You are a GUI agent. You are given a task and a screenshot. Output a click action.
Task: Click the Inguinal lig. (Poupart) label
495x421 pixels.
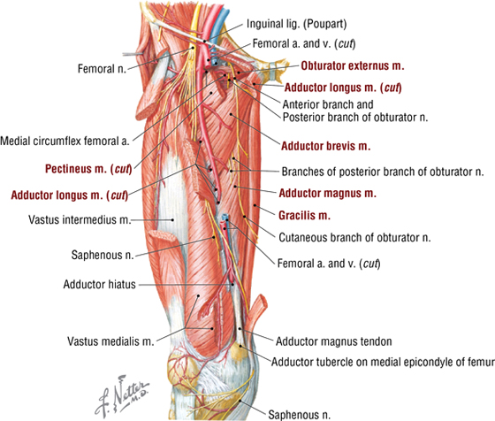pos(296,24)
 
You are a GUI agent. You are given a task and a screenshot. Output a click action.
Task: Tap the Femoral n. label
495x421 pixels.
pos(102,68)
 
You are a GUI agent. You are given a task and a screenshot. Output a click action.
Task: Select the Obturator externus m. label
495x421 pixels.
pos(353,65)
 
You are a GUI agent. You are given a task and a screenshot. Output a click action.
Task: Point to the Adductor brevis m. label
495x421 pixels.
pos(325,146)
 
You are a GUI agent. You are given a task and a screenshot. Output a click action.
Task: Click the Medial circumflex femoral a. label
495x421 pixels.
pos(65,141)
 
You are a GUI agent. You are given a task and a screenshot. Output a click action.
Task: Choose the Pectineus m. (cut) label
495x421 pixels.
pos(88,169)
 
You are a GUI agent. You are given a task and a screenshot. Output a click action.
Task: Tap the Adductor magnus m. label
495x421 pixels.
pos(327,193)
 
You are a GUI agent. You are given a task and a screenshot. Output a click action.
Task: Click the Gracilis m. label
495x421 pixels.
pos(304,216)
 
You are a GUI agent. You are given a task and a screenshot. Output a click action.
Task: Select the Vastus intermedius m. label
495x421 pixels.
pos(80,219)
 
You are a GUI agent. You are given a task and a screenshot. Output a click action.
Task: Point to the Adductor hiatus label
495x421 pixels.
pos(99,284)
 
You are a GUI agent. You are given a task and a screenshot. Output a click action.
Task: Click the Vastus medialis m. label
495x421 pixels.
pos(110,341)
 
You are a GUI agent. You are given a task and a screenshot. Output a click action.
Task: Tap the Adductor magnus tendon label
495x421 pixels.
pos(334,341)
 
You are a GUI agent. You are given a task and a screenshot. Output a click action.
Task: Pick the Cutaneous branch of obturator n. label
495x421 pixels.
pos(354,238)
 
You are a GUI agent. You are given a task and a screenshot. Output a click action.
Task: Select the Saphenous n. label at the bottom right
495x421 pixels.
pos(299,415)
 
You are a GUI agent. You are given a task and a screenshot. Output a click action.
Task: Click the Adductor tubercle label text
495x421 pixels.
pos(383,362)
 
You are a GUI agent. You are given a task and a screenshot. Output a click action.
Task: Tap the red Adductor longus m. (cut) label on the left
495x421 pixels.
pos(70,195)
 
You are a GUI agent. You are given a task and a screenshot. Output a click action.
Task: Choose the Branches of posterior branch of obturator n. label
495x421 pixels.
pos(383,172)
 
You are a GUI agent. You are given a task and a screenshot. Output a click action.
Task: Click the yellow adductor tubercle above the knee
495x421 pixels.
pos(239,350)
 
